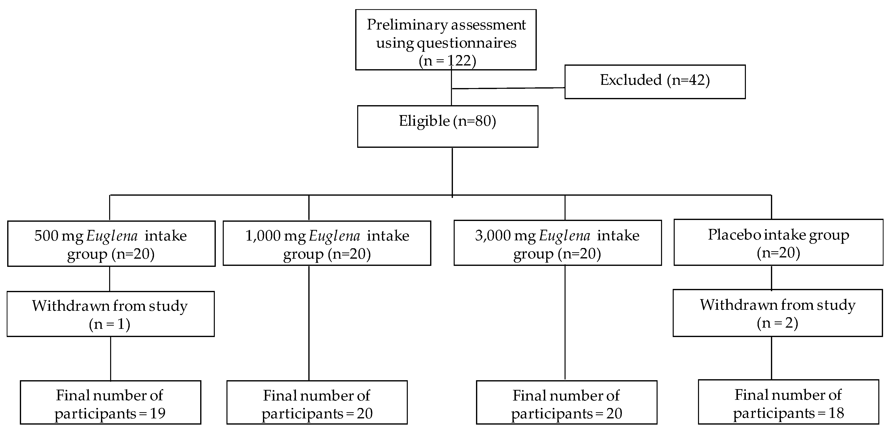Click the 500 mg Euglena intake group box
click(111, 244)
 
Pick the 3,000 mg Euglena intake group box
click(557, 243)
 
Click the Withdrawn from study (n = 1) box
click(110, 314)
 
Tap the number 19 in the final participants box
click(157, 413)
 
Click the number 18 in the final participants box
click(836, 413)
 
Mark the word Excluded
click(631, 80)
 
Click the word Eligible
click(424, 121)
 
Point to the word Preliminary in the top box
click(407, 25)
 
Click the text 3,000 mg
click(505, 236)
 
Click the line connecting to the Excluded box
click(508, 88)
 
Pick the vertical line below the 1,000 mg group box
click(309, 322)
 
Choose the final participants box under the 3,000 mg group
click(566, 402)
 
